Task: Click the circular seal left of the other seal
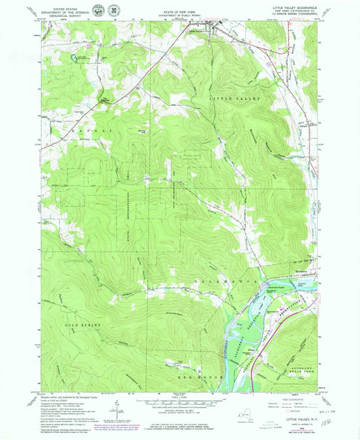(x=100, y=10)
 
